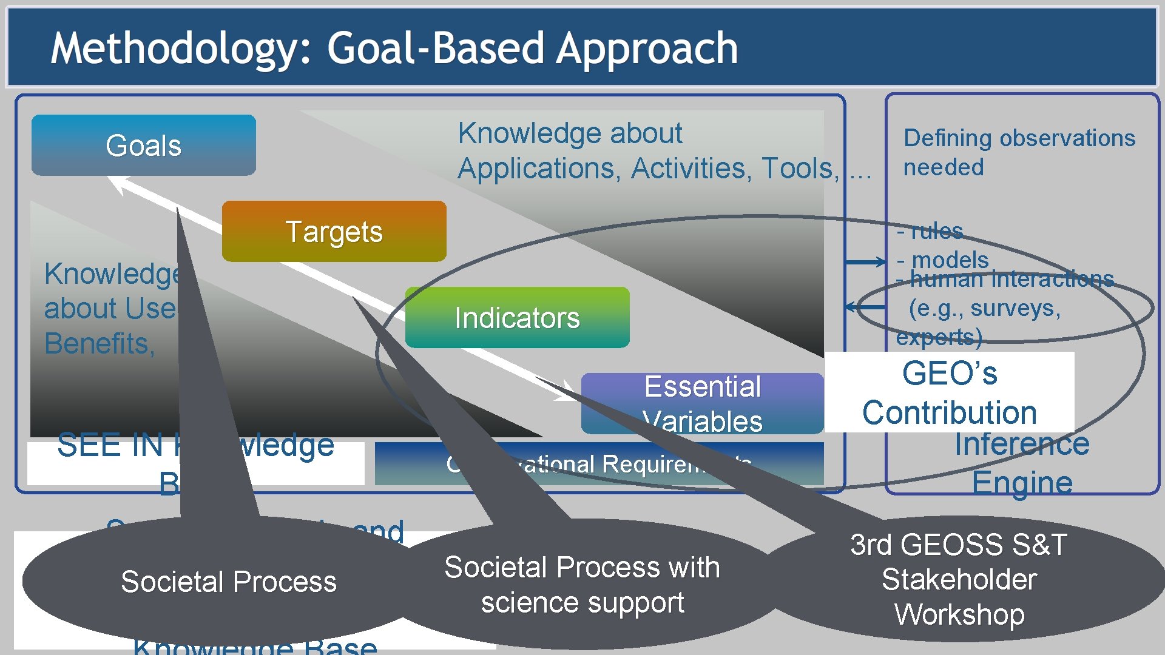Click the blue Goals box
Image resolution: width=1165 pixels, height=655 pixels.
coord(144,146)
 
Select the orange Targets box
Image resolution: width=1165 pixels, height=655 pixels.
coord(334,232)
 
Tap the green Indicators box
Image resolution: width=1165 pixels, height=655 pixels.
coord(517,318)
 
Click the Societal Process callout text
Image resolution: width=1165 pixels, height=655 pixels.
coord(228,582)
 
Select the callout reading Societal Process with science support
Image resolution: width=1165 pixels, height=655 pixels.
coord(582,585)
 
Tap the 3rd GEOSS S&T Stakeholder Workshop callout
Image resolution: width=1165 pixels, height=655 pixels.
coord(959,579)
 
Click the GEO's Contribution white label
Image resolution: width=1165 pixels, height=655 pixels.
coord(949,392)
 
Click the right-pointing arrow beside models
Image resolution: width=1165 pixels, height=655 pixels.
coord(866,262)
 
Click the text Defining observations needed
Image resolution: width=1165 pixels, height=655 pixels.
coord(1019,152)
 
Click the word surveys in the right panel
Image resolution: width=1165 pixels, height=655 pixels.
coord(1015,308)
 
